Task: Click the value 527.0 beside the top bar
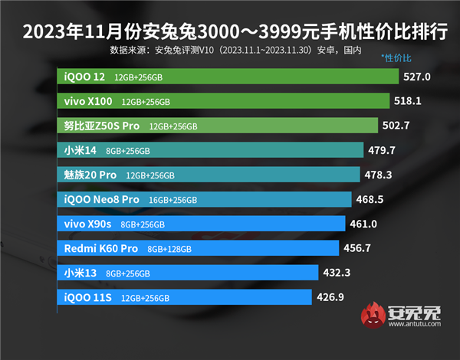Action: point(418,77)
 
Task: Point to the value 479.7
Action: point(381,150)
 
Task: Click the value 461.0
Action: point(363,224)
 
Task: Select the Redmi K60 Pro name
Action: point(100,248)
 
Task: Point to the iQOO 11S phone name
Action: point(87,296)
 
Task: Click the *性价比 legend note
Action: point(396,58)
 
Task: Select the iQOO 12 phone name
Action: point(85,77)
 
